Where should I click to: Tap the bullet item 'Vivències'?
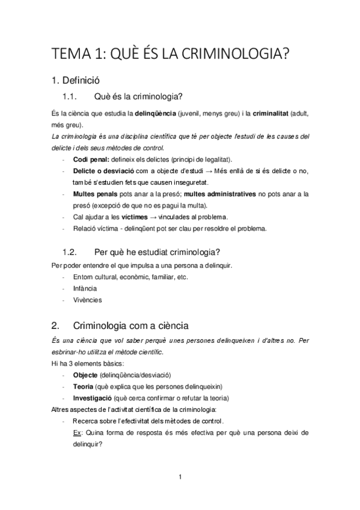pos(87,300)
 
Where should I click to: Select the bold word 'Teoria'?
pos(83,386)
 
